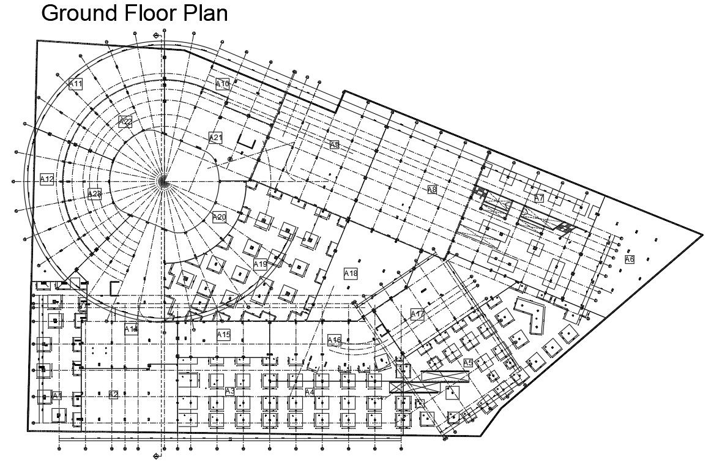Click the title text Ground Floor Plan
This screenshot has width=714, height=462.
(134, 13)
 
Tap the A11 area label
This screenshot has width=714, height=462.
(76, 84)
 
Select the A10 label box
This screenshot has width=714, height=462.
(222, 84)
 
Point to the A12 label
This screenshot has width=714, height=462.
(47, 179)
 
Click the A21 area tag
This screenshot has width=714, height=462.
(215, 138)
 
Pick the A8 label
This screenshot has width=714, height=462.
(432, 190)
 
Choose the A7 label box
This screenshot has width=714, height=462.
(539, 198)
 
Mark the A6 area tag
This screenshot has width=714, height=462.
(630, 259)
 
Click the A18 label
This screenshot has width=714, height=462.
(351, 274)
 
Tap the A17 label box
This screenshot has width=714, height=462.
(417, 315)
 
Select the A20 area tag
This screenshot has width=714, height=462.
(219, 217)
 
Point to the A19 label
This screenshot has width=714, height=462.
(261, 264)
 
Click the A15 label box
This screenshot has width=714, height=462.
(223, 335)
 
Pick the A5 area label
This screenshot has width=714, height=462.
(467, 363)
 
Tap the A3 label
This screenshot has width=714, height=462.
(230, 391)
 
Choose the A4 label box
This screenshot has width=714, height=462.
(310, 392)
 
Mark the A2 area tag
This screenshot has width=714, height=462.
(113, 394)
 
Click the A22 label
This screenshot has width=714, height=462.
(125, 121)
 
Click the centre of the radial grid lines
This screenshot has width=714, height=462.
(163, 180)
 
